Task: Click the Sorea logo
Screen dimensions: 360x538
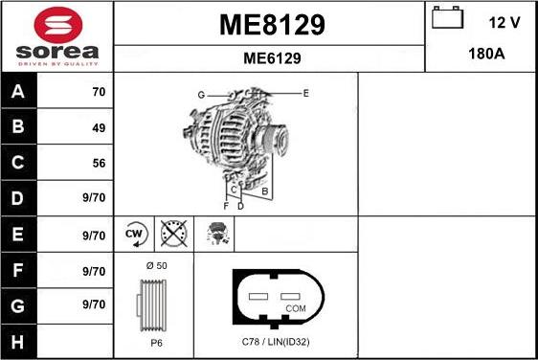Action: (56, 36)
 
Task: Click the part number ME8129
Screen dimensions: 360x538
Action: (271, 25)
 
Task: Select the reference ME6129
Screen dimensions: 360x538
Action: (272, 58)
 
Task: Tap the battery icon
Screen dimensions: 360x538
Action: (447, 19)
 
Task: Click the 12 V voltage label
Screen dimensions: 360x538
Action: (503, 20)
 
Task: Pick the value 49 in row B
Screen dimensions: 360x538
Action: (98, 127)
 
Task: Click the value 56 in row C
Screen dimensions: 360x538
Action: (98, 164)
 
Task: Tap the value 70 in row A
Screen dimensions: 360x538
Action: (98, 93)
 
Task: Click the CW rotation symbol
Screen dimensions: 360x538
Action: (135, 234)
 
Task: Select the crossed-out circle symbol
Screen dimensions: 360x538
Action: (173, 234)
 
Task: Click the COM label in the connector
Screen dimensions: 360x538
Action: (296, 308)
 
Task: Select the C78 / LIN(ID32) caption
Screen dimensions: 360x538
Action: (275, 342)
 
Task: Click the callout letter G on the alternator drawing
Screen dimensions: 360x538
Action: (201, 95)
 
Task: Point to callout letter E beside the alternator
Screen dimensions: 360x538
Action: (305, 93)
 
